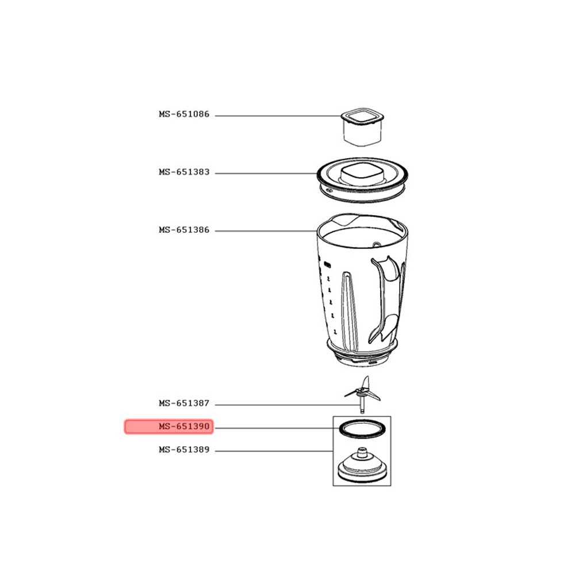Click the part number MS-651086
pyautogui.click(x=184, y=114)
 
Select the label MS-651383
pyautogui.click(x=184, y=172)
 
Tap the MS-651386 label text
pyautogui.click(x=184, y=230)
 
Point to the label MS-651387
pyautogui.click(x=184, y=404)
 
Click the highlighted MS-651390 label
pyautogui.click(x=184, y=427)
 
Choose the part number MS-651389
pyautogui.click(x=184, y=450)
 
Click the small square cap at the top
pyautogui.click(x=362, y=126)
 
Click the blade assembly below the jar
pyautogui.click(x=362, y=394)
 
